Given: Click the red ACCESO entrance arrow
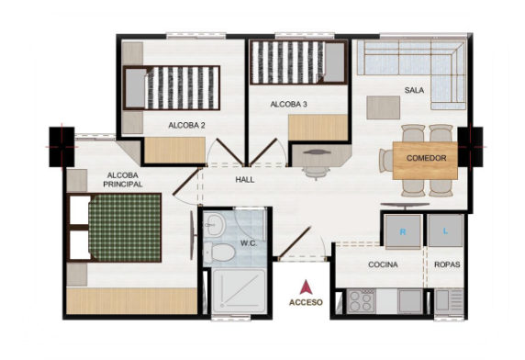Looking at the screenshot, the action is click(306, 287).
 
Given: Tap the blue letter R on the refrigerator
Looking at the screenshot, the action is click(403, 231).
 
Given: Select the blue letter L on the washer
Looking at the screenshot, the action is click(445, 231).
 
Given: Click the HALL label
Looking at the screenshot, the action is click(245, 179).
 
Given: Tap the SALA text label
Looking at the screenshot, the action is click(414, 90).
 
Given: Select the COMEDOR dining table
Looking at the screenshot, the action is click(425, 161).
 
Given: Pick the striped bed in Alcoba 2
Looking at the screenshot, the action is click(172, 88).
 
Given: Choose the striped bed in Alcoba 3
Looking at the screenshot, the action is click(298, 62).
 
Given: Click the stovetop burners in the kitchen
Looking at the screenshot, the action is click(361, 301).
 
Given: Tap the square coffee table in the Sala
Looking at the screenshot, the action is click(384, 107).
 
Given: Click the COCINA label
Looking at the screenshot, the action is click(383, 264).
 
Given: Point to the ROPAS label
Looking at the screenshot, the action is click(447, 264).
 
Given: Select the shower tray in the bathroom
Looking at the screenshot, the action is click(240, 291).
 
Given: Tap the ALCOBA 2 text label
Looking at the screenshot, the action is click(186, 126).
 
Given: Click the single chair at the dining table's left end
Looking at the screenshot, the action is click(386, 161).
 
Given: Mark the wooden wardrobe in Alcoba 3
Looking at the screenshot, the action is click(318, 128).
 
